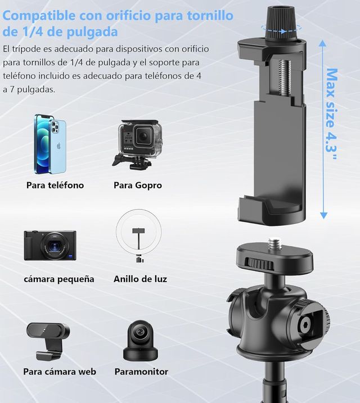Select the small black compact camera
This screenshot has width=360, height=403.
click(50, 245)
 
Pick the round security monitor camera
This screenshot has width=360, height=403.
click(138, 341)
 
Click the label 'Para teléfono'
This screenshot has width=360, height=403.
click(55, 185)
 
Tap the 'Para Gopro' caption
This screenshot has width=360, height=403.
click(138, 185)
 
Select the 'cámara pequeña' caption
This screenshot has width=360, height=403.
click(59, 279)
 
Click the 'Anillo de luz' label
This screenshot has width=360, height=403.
click(140, 279)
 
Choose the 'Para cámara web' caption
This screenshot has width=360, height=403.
click(60, 372)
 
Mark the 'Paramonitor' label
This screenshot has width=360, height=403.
click(141, 372)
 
